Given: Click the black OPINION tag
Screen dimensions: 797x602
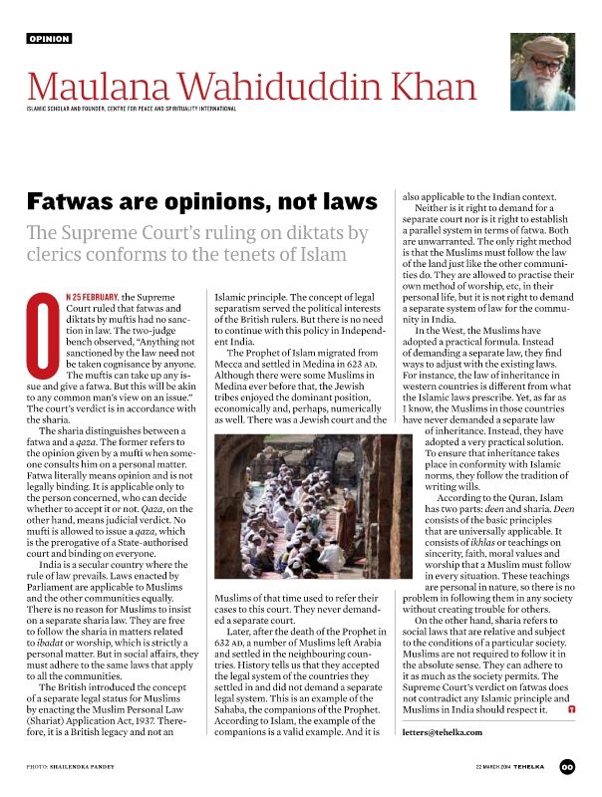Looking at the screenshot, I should pyautogui.click(x=49, y=38).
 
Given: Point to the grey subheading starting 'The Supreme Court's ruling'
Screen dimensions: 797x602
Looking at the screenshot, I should pyautogui.click(x=198, y=244).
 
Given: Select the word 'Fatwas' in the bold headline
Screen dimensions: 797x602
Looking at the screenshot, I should pyautogui.click(x=67, y=200).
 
